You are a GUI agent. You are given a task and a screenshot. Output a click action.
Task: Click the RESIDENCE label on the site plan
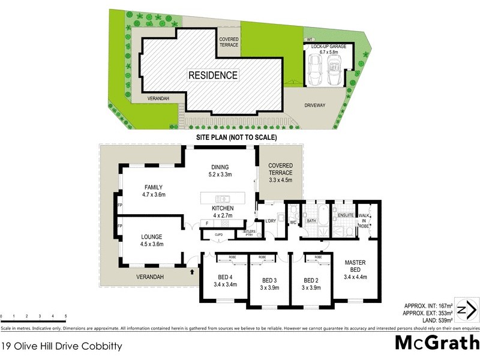tap(213, 75)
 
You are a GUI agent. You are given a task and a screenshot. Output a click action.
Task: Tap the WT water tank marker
tap(310, 40)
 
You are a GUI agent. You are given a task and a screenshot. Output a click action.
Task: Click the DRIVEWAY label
tap(314, 105)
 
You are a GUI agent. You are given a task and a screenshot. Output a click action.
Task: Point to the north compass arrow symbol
tap(466, 310)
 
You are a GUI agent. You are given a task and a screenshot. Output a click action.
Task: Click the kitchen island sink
tap(223, 199)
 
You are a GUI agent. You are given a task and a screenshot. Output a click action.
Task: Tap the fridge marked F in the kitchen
tap(206, 223)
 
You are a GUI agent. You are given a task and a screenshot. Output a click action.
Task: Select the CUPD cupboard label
tap(219, 235)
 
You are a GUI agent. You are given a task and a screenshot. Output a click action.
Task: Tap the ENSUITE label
tap(346, 214)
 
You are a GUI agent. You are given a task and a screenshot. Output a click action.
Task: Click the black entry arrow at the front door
tap(192, 272)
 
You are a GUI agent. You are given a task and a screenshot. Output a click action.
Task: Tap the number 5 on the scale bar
tap(65, 316)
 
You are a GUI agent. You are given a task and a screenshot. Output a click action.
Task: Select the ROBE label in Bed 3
tap(262, 257)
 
